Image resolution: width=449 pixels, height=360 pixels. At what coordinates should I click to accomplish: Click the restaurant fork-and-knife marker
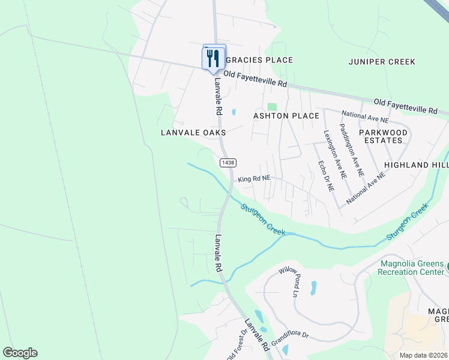click(x=212, y=58)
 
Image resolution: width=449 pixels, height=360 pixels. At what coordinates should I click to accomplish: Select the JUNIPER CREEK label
click(x=382, y=62)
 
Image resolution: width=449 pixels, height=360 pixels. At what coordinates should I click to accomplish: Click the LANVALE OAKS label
click(x=193, y=132)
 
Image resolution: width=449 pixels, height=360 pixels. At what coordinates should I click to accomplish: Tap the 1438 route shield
click(x=228, y=163)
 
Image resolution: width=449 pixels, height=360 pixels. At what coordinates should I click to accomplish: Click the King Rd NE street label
click(x=255, y=179)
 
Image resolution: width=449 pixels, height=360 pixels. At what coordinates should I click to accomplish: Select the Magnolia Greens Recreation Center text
click(x=411, y=268)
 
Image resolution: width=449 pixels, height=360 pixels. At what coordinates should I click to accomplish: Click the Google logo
click(x=20, y=353)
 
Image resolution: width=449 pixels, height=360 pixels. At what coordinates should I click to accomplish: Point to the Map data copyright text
click(x=424, y=355)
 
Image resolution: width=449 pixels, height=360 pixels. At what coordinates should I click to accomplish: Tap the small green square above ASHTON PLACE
click(x=272, y=106)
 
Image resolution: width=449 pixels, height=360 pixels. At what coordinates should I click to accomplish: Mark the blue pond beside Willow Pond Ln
click(x=313, y=289)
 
